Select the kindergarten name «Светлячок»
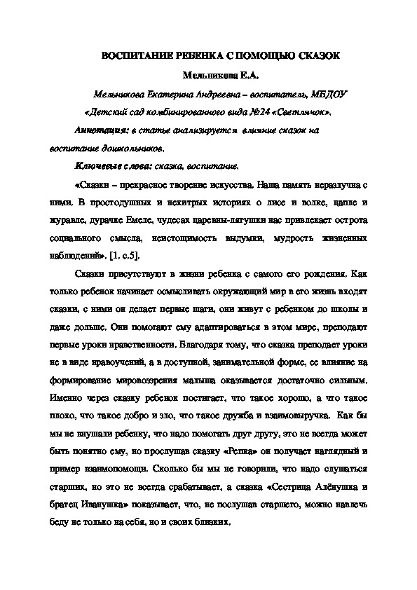305,111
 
